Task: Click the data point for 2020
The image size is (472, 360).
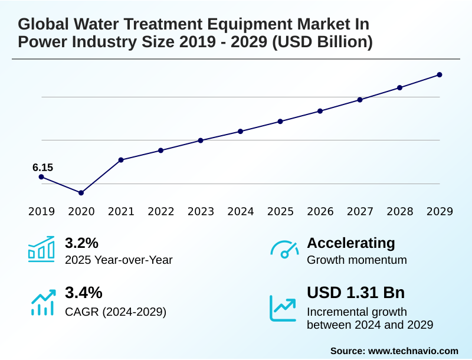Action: tap(81, 193)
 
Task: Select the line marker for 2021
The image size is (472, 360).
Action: tap(121, 160)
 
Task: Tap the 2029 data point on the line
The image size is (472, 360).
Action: tap(440, 75)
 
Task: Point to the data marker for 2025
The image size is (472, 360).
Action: tap(280, 122)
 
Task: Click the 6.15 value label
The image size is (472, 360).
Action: tap(42, 168)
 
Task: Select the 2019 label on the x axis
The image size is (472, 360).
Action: tap(41, 211)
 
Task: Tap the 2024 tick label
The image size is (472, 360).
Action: tap(241, 211)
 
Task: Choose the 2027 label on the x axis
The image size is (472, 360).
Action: tap(360, 211)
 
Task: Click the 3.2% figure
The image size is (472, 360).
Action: tap(81, 243)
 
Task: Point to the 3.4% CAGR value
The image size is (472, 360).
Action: tap(83, 293)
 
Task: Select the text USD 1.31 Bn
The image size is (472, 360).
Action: tap(356, 293)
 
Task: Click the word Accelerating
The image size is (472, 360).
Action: tap(351, 243)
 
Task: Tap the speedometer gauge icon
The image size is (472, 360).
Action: tap(284, 250)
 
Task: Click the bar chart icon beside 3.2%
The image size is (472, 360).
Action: tap(41, 249)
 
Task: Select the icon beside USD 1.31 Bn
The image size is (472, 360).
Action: tap(283, 308)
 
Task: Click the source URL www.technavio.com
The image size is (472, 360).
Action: tap(413, 351)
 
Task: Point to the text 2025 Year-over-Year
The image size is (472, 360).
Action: tap(119, 260)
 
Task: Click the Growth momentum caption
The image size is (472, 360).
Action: tap(357, 260)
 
